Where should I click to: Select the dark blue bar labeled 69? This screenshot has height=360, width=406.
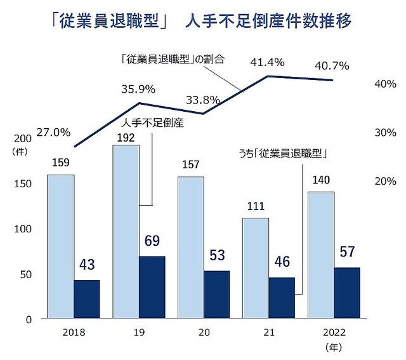[x=152, y=287]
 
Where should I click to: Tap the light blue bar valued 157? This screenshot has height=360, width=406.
[x=191, y=248]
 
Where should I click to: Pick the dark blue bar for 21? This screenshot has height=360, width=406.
[x=282, y=298]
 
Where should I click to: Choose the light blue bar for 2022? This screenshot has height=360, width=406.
[x=321, y=255]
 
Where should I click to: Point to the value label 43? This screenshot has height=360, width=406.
[x=87, y=263]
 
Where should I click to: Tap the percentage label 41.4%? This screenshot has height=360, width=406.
[x=267, y=62]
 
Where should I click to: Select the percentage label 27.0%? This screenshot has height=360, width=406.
[x=53, y=133]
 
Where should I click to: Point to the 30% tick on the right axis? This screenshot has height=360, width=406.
[x=385, y=133]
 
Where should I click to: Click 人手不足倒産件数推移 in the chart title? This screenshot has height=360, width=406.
[x=268, y=22]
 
